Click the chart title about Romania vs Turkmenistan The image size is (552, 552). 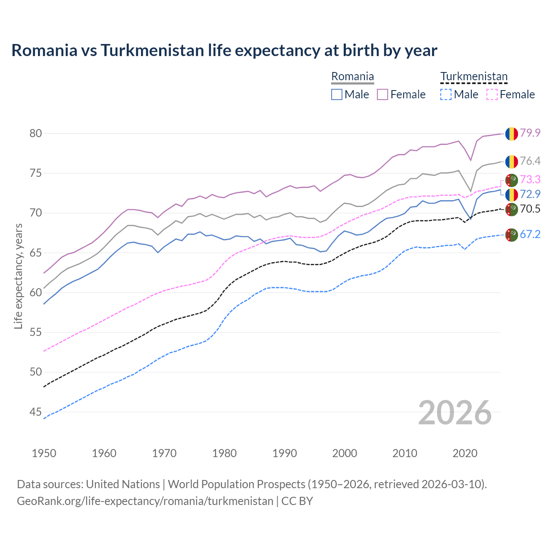click(x=224, y=50)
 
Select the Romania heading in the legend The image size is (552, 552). click(x=352, y=77)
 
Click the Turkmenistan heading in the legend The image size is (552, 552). click(x=474, y=77)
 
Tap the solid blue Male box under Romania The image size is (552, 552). click(x=337, y=94)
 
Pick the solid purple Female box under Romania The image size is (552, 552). click(x=383, y=94)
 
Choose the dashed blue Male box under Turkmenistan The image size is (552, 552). click(x=446, y=94)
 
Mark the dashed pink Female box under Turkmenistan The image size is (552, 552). click(x=492, y=94)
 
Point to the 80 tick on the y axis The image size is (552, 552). click(x=36, y=133)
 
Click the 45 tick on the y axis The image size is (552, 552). click(x=36, y=412)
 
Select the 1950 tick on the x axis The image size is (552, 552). click(x=44, y=453)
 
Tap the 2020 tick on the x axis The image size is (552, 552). click(x=465, y=453)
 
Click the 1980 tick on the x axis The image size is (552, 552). click(x=224, y=453)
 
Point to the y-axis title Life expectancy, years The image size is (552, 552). click(x=18, y=276)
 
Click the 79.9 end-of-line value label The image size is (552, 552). click(x=530, y=133)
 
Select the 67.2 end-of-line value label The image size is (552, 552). click(x=530, y=234)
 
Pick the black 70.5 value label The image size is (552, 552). click(x=530, y=209)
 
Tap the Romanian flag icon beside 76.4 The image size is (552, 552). click(x=511, y=161)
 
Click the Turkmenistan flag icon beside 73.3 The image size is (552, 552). click(x=511, y=180)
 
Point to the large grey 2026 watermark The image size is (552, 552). click(x=455, y=413)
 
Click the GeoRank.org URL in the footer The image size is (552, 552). click(x=145, y=501)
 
